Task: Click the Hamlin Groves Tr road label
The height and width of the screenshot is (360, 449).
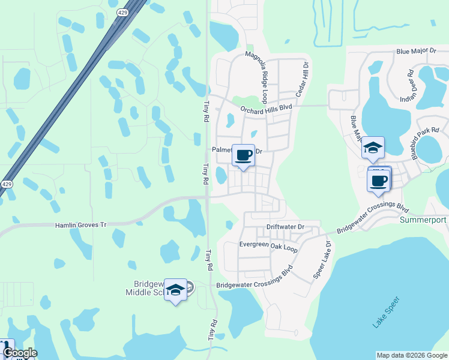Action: [80, 224]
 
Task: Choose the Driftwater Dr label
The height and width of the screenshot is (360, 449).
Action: [286, 227]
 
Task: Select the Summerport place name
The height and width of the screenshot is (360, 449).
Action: [423, 220]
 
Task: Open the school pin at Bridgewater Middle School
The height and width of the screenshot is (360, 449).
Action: [175, 290]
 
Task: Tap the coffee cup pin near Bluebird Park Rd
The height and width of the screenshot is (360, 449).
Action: [379, 181]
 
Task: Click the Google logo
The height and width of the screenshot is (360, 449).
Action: [19, 353]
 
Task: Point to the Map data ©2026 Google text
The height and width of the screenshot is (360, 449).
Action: [411, 355]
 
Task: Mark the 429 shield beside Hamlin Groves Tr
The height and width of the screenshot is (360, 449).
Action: [6, 184]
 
